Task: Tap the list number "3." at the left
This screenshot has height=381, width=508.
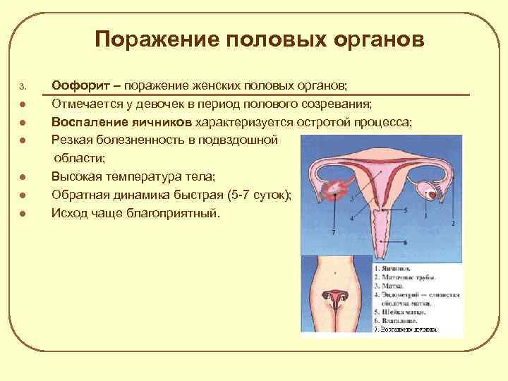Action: click(23, 87)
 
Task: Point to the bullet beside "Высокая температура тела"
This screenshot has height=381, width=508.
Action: click(23, 177)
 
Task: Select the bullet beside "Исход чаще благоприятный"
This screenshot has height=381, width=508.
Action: click(23, 212)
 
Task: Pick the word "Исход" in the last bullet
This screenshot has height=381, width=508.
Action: click(69, 212)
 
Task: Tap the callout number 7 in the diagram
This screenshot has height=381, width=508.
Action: click(332, 232)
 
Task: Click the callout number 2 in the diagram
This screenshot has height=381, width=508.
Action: click(452, 224)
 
